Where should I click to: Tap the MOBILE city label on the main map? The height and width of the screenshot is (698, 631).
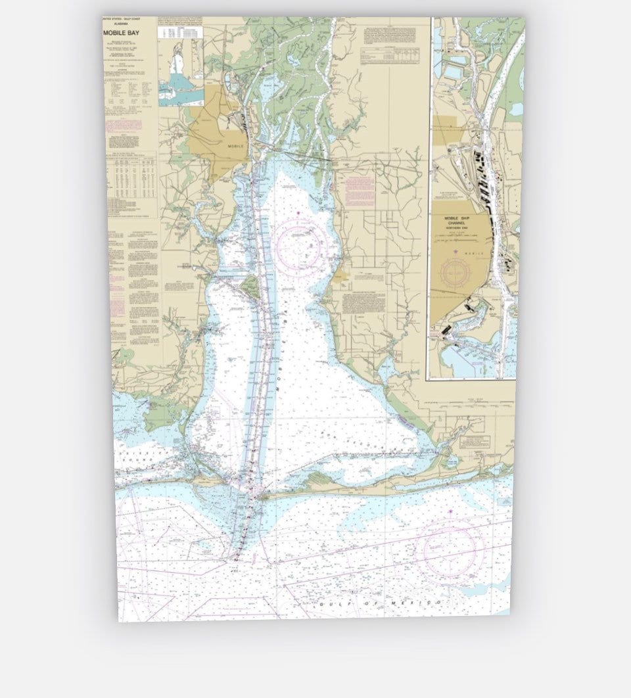click(235, 146)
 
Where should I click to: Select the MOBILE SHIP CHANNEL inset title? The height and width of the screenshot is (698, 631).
click(459, 221)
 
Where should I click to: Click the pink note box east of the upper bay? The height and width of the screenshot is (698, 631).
click(358, 187)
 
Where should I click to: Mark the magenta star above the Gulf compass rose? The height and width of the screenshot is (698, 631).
click(450, 511)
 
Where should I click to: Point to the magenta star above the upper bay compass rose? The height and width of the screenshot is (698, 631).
click(298, 213)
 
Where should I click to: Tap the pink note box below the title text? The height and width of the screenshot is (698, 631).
click(124, 124)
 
